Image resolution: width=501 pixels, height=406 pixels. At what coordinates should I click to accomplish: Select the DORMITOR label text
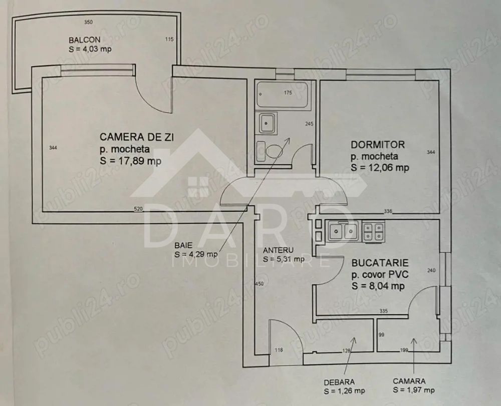[x=377, y=145]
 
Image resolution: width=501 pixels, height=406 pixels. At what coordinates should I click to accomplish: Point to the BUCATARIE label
[x=380, y=262]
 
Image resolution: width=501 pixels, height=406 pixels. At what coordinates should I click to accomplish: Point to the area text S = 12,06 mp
[x=380, y=168]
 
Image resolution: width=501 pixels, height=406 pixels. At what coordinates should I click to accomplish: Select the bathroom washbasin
[x=266, y=123]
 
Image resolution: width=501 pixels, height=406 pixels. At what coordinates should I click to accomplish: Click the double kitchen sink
[x=343, y=230]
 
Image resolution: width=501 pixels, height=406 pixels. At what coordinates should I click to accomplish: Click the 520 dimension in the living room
[x=138, y=208]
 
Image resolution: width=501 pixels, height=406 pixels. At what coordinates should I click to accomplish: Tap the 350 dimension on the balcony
[x=89, y=23]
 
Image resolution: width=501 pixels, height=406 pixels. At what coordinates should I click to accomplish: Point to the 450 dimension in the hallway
[x=259, y=284]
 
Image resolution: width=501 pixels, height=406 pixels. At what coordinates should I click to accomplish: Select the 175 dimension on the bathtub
[x=288, y=93]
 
